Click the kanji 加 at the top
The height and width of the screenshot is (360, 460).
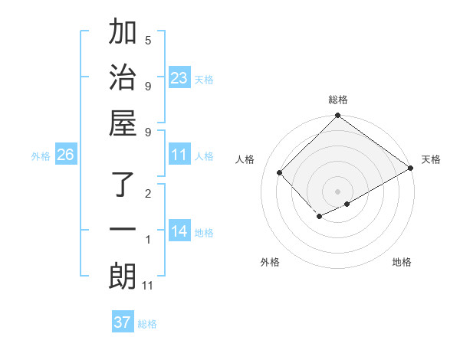point(123,34)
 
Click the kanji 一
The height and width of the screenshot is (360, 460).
point(123,230)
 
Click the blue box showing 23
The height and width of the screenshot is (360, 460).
point(179,77)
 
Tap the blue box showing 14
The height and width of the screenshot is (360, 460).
point(179,231)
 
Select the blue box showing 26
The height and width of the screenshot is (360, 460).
point(66,155)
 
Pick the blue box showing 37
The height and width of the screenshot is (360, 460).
point(123,322)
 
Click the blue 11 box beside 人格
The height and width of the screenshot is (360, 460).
point(179,155)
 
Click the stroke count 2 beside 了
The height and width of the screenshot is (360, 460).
point(148,194)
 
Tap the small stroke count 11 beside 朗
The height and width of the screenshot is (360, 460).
point(148,286)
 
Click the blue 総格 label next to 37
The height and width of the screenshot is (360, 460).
point(147,324)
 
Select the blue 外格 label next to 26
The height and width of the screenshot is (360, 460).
point(41,156)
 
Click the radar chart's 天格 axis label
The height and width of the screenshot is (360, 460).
point(431,159)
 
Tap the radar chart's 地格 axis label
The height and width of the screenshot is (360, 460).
point(402,262)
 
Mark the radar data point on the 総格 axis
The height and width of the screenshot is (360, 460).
point(337,116)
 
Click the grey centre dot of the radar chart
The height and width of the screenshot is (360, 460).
point(337,191)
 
